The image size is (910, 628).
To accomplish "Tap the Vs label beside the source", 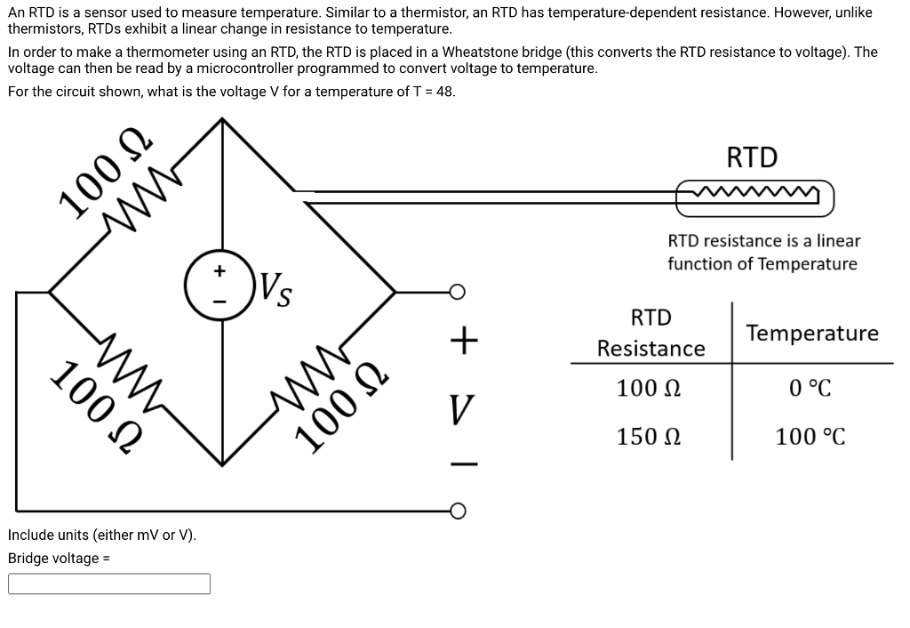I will point(277,289).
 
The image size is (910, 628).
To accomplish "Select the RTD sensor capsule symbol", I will point(754,197).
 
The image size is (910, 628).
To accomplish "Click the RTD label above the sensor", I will point(752,157).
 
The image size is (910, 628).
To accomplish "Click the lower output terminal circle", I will point(456,511).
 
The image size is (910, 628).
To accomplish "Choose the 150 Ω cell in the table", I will point(650,437).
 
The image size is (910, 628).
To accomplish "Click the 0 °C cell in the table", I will point(810,389).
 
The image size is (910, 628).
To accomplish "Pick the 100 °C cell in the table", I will point(810,437).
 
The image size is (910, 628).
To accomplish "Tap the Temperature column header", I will point(812,334).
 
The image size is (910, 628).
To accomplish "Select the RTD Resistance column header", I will point(651,333).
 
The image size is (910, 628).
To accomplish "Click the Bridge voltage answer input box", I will point(109,584).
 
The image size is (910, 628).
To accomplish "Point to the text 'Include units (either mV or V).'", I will point(102,535).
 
